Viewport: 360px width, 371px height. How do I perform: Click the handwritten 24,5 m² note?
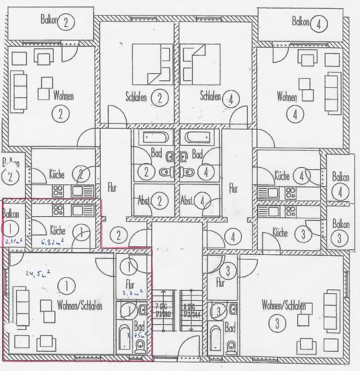39,273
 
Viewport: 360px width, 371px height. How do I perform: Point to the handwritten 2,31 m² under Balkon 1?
13,242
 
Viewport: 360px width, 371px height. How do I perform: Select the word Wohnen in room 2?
63,96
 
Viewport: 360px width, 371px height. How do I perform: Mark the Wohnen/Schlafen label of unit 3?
285,306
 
